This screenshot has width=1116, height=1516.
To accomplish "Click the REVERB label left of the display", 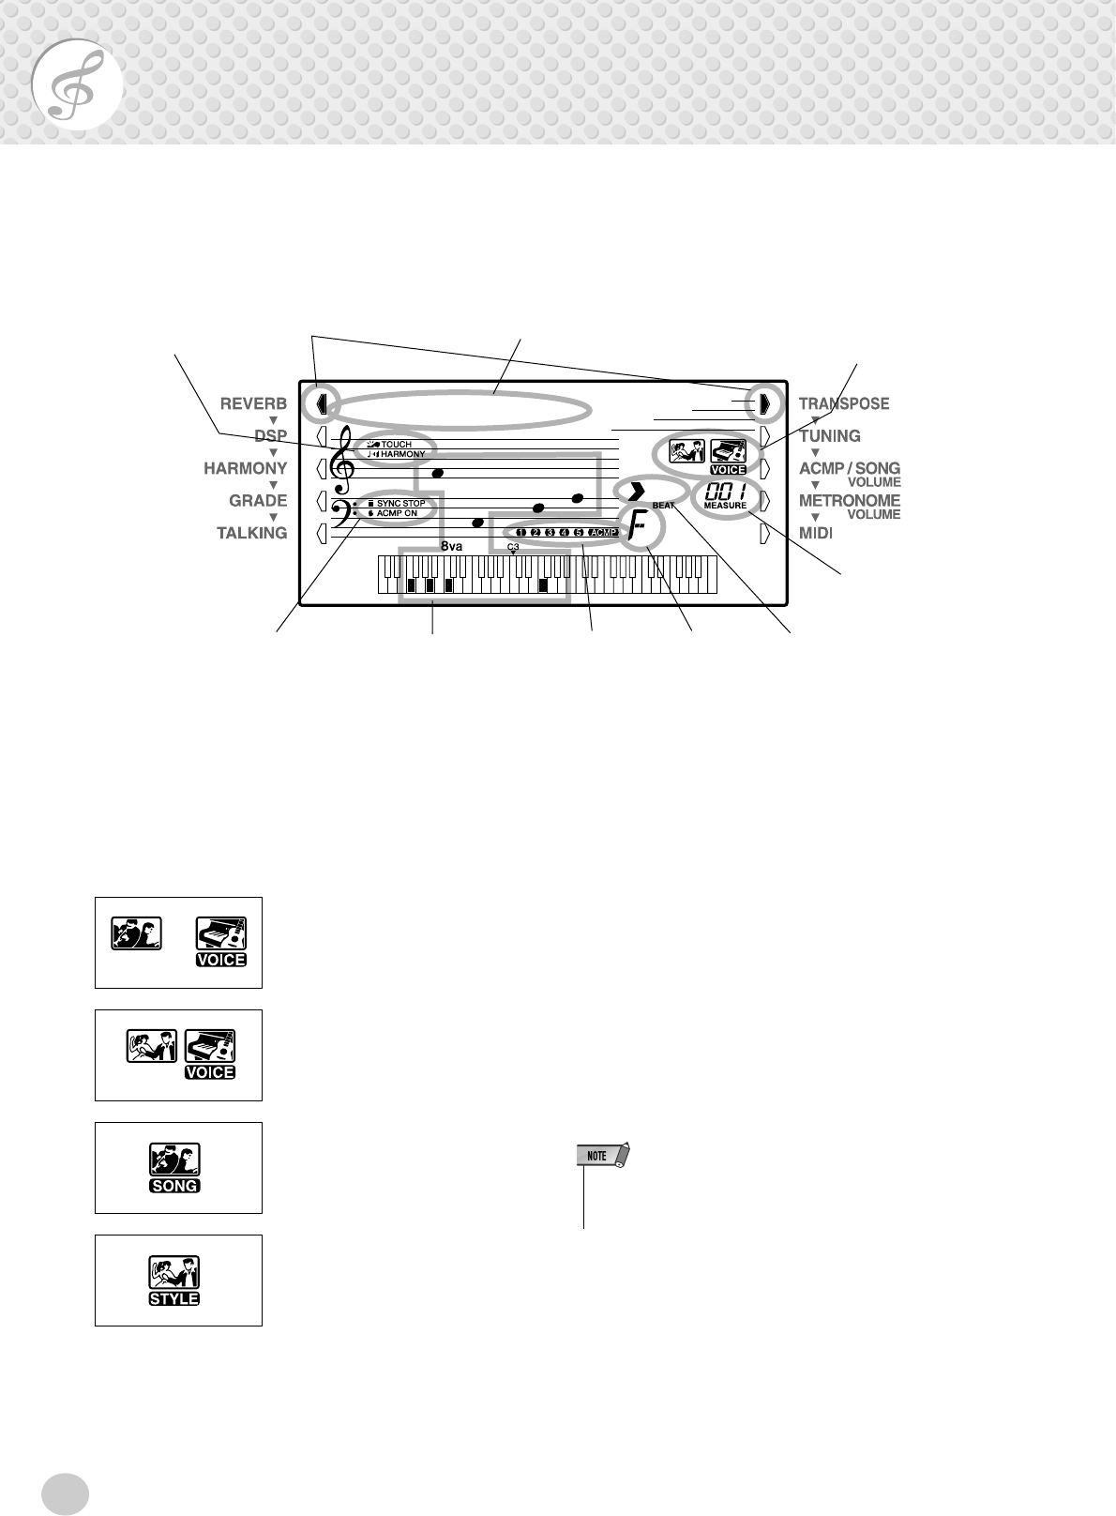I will (253, 404).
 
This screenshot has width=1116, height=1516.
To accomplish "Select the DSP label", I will (270, 436).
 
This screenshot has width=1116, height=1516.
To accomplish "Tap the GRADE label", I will (258, 501).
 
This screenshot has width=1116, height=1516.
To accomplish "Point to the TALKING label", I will (251, 533).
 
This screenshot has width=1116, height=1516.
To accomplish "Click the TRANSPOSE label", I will (844, 404).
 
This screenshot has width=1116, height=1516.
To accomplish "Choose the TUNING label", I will (830, 436).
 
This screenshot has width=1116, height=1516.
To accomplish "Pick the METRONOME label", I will (850, 501).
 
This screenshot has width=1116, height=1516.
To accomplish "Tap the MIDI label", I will (815, 533).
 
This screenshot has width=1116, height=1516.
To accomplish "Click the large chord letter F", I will (639, 533).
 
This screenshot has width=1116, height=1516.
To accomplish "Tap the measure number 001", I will (725, 492).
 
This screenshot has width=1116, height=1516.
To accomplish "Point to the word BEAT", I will (663, 506).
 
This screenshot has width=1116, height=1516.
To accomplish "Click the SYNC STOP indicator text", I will (400, 504).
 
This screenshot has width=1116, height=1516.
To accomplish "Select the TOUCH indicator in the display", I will (396, 444).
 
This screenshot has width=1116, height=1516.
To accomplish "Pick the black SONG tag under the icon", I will (174, 1186).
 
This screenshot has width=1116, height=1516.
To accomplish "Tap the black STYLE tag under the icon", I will (174, 1299).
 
